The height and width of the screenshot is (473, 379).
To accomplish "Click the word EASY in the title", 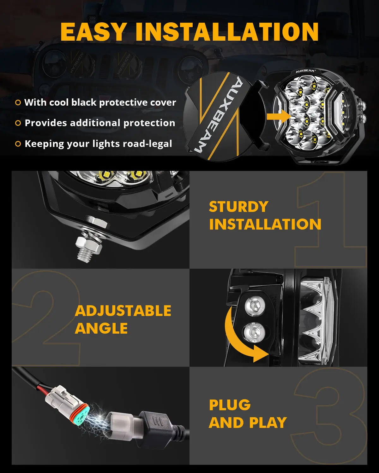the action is (93, 32).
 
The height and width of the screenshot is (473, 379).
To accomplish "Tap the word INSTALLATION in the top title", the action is (227, 32).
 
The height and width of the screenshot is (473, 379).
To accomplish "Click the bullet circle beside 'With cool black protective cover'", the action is (18, 102).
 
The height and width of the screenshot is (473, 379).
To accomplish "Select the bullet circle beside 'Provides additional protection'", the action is (18, 123).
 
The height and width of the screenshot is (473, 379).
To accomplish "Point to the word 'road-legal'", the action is (147, 144).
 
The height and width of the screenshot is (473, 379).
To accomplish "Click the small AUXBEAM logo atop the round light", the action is (305, 71).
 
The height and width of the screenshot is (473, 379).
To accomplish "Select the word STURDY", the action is (238, 207).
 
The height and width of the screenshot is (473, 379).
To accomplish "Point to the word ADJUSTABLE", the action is (123, 311).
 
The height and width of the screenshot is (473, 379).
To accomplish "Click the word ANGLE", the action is (101, 328).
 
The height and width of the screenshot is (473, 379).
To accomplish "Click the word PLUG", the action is (230, 405).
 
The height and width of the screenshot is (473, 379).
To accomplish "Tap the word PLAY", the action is (268, 423).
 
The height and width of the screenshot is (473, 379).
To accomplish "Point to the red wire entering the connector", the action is (43, 390).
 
